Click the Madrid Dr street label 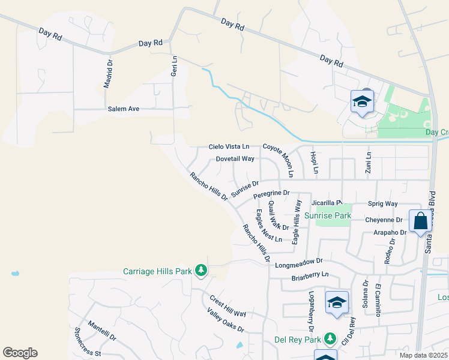[x=108, y=73]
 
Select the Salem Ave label [x=124, y=109]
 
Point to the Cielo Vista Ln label [x=229, y=146]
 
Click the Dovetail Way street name [x=235, y=159]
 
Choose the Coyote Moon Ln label [x=277, y=160]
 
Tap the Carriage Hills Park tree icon [x=200, y=271]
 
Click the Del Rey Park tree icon [x=330, y=340]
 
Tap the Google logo [x=20, y=353]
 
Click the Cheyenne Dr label [x=382, y=220]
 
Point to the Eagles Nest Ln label [x=268, y=226]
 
